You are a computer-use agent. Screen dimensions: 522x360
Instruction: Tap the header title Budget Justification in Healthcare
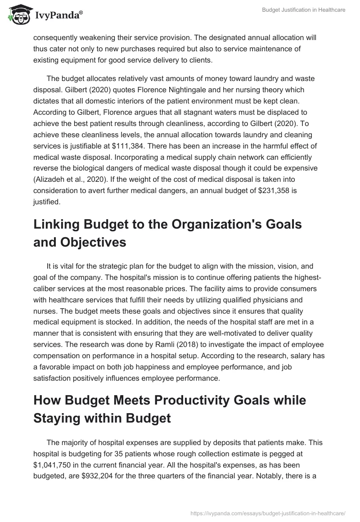(304, 10)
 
